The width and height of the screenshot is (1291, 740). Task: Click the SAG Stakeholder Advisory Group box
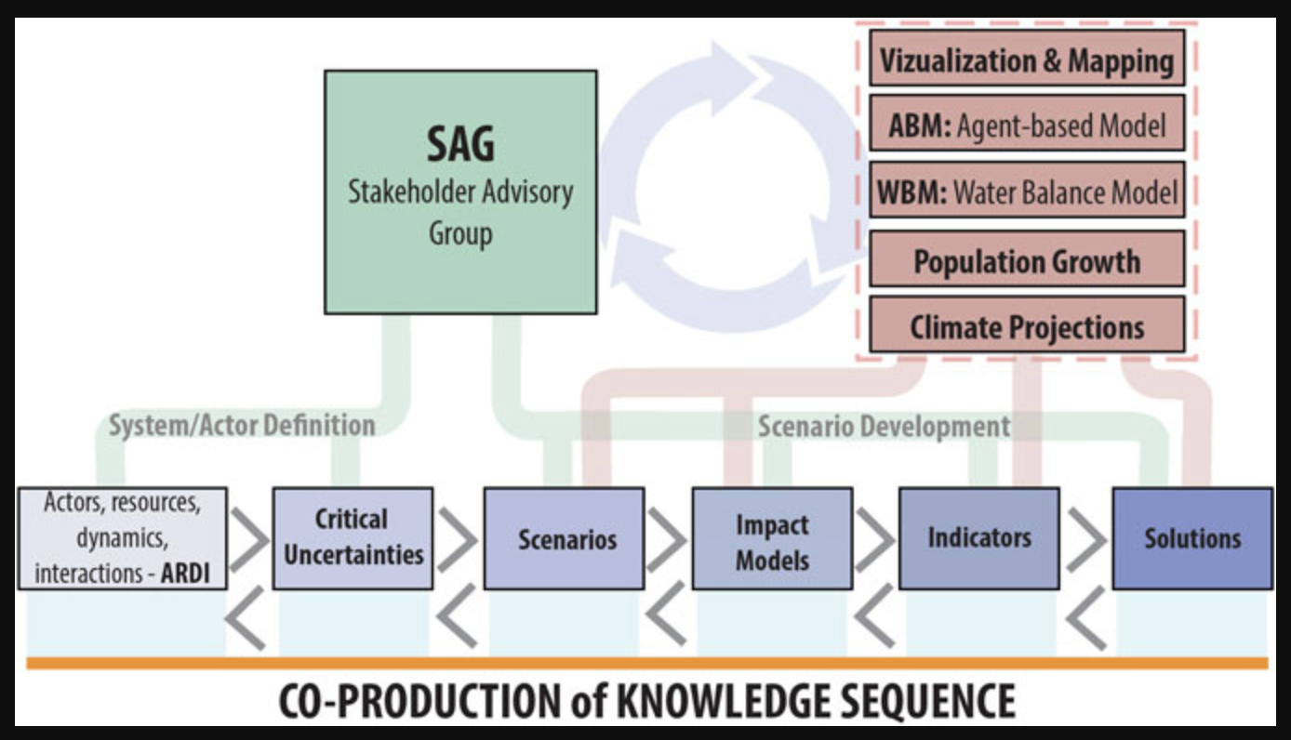(x=460, y=192)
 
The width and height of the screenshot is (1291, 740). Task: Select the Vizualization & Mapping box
(x=1027, y=59)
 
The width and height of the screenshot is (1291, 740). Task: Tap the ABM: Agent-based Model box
(x=1027, y=124)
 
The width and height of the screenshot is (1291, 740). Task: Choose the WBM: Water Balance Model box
(x=1027, y=190)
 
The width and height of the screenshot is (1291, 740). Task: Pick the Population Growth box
(x=1027, y=258)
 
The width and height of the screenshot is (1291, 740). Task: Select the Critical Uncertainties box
(x=353, y=538)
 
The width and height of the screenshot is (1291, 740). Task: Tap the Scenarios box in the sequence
(x=565, y=538)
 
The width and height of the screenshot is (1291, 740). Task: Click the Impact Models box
(x=772, y=538)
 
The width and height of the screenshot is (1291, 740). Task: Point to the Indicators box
(x=979, y=538)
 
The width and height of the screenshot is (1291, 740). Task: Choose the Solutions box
(x=1192, y=538)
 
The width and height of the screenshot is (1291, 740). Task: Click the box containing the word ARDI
(x=122, y=538)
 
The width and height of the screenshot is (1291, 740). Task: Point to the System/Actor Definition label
(x=242, y=426)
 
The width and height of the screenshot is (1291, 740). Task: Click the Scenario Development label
(x=885, y=427)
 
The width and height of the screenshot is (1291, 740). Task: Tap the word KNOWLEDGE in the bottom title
(x=725, y=701)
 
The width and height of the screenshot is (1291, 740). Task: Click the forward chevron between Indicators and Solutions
(x=1087, y=539)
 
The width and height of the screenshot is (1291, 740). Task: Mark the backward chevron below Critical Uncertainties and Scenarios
(x=457, y=616)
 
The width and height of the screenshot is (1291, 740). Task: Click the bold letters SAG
(x=460, y=144)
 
